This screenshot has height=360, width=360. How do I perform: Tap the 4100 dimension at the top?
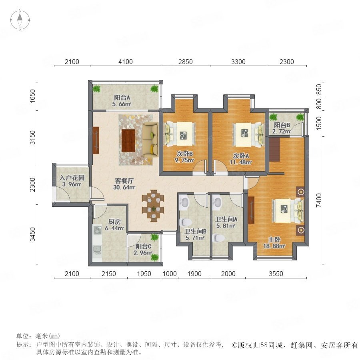tap(126, 62)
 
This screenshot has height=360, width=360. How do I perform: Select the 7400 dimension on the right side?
tap(319, 200)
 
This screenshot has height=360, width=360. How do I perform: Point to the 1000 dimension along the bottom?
tap(170, 274)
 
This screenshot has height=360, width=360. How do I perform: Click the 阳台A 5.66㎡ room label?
tap(122, 100)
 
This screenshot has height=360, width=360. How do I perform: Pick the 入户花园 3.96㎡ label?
tap(72, 181)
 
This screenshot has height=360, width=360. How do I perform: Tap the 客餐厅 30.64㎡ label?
tap(124, 184)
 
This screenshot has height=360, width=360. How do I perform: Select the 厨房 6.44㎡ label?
tap(114, 225)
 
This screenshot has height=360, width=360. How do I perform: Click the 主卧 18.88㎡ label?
tap(274, 243)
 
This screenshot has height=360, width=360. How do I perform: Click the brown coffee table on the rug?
tap(128, 140)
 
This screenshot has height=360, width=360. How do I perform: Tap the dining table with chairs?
tap(153, 206)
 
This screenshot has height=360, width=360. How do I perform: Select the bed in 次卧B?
tap(180, 134)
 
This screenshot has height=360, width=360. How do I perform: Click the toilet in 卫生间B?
tap(186, 222)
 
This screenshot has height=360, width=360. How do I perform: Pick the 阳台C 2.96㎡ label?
tap(144, 250)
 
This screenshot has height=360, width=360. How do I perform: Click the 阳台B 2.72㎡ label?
tap(282, 128)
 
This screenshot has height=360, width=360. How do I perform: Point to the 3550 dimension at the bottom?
tap(276, 274)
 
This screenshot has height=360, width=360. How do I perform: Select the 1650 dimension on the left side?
tap(33, 96)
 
